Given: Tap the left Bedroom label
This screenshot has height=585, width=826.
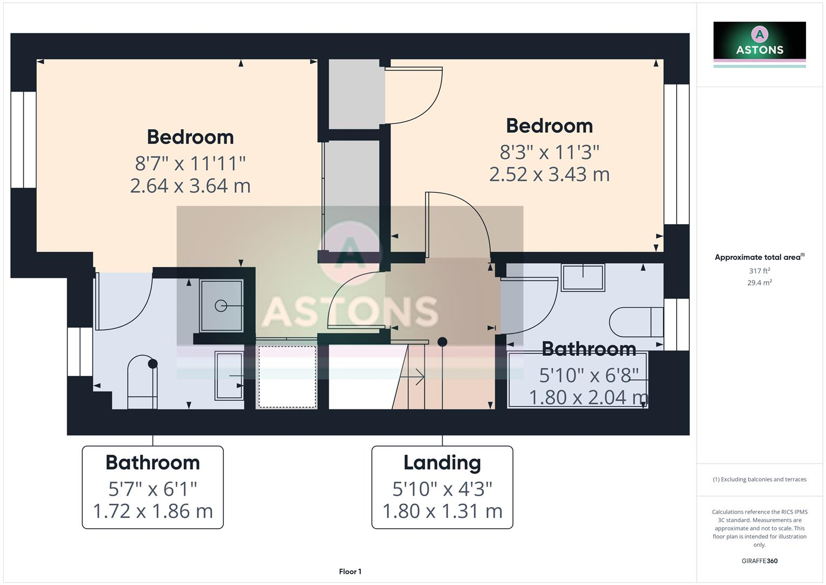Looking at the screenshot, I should point(190,136).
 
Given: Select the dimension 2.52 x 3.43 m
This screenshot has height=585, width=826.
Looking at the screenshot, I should point(549,174).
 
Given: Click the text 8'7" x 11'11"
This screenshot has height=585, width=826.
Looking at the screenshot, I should point(190,162).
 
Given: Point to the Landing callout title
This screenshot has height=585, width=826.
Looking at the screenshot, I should point(442,463).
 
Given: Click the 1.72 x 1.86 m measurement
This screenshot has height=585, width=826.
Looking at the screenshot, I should point(153,511).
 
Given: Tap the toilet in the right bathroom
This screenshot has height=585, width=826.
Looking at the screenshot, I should point(636,322).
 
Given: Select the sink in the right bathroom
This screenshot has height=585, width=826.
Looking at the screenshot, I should point(583,277).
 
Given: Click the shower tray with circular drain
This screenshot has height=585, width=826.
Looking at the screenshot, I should point(221,306).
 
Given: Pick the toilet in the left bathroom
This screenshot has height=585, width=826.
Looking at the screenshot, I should point(142,382).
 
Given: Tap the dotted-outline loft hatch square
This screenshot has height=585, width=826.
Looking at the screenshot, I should point(287,376).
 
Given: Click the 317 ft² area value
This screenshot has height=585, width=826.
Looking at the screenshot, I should point(759,271).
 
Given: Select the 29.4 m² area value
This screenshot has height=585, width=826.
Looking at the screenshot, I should point(759,282).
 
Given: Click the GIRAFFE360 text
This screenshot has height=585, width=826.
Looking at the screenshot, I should point(759,561).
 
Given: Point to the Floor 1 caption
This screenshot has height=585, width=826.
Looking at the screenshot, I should point(350,571).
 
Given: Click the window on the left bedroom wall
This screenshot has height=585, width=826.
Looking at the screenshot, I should point(23,140).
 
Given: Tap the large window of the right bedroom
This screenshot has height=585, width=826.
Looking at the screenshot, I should point(676,154).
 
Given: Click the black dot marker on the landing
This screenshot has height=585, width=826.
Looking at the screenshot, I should point(442,342).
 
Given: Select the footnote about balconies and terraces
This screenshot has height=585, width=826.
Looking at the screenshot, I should point(759,479).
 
